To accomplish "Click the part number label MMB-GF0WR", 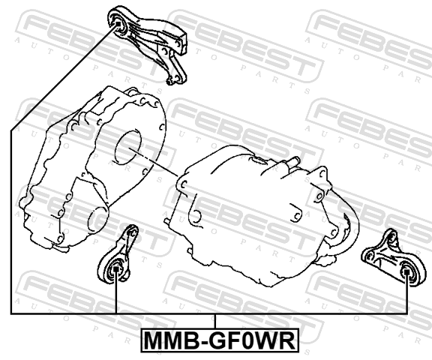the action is (x=220, y=340).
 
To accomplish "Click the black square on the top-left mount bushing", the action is (x=118, y=24).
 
